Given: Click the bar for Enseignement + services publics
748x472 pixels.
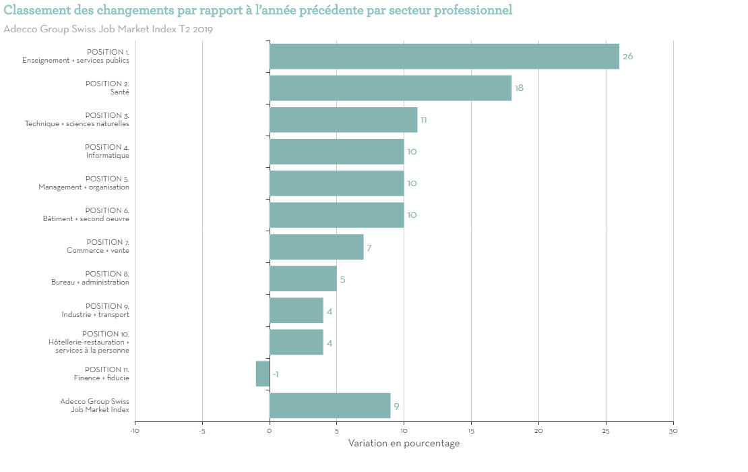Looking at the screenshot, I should pos(444,56).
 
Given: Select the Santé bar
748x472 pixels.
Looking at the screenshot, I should pos(390,88).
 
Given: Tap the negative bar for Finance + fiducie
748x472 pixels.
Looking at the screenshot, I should pos(263,374).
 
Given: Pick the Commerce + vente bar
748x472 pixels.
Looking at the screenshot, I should pos(316,247).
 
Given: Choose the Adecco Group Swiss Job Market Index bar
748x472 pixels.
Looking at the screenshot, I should pos(330,405).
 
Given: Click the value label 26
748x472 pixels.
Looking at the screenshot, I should pos(627,57).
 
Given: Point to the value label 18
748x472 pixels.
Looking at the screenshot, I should pos(519,88).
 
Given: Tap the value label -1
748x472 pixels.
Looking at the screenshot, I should pos(276,374).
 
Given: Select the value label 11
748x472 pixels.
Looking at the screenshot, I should pos(423,120).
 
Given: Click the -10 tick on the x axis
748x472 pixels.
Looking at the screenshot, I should pos(135,431).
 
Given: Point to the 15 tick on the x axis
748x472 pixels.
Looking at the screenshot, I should pos(471,431).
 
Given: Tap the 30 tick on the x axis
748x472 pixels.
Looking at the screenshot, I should pos(673,431).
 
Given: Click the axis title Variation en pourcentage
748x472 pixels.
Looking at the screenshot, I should pos(404,443).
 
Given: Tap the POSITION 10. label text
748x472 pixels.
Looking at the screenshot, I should pos(106,334).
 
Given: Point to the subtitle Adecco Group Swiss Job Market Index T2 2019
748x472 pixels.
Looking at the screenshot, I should pos(108,29).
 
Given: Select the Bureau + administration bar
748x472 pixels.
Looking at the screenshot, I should pos(303,278).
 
